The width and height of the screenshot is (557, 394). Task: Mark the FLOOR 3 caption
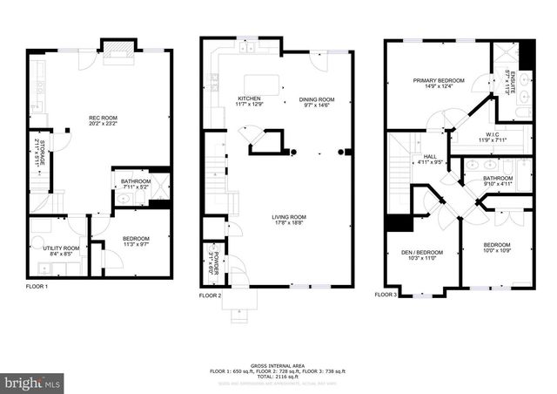pyautogui.click(x=386, y=295)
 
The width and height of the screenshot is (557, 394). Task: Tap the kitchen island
pyautogui.click(x=268, y=85)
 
